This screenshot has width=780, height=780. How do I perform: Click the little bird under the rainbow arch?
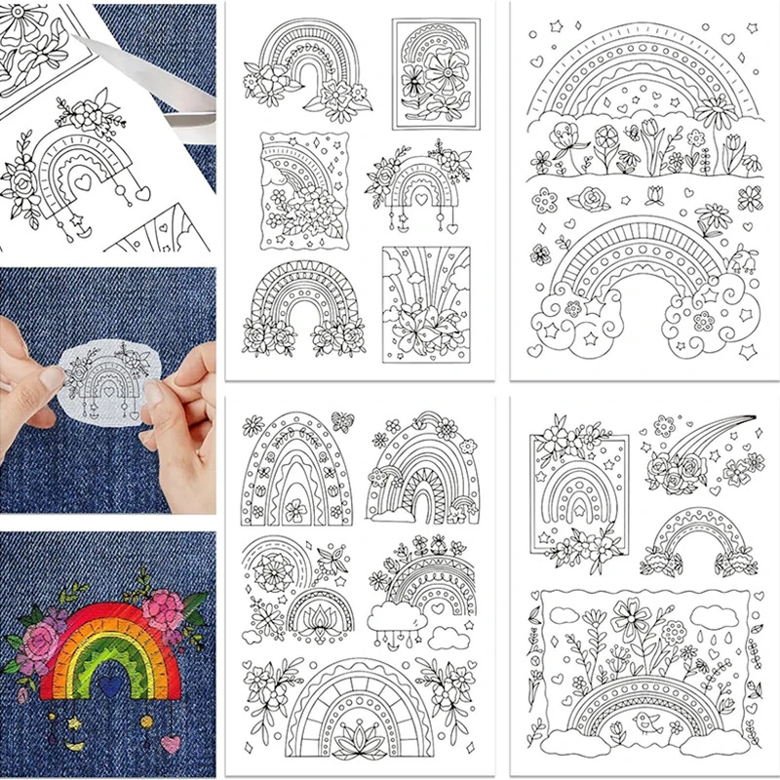644,721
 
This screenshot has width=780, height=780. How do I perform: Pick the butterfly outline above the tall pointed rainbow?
343,420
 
